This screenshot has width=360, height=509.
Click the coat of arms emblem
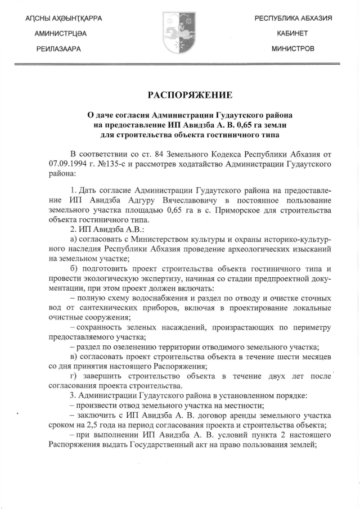click(x=179, y=33)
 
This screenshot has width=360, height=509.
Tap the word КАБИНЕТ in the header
click(x=292, y=34)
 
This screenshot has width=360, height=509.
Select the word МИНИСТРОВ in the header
click(x=292, y=49)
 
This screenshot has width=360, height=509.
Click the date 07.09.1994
click(x=68, y=164)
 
